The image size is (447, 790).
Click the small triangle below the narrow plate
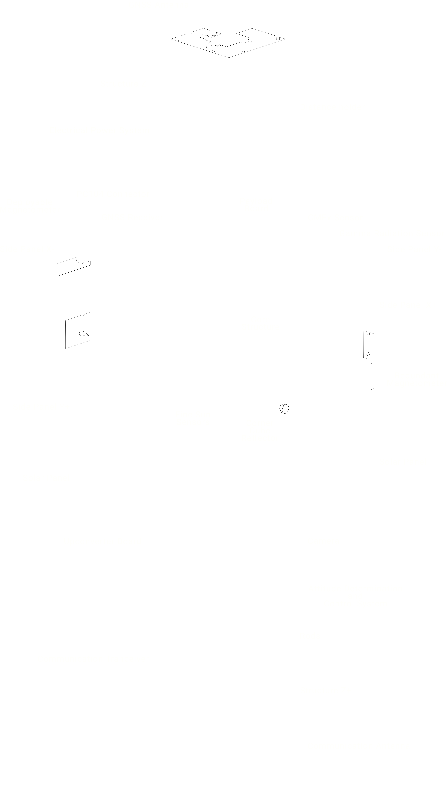tap(373, 389)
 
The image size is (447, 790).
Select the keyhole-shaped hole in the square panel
tap(83, 333)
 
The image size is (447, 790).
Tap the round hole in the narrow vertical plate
tap(368, 354)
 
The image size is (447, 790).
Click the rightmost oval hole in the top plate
tap(250, 42)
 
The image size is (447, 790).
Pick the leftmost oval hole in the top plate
tap(204, 47)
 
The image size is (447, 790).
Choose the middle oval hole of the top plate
tap(219, 46)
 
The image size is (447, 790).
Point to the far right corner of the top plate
tap(285, 39)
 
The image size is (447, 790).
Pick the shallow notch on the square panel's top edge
tap(82, 315)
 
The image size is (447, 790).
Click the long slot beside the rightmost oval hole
tap(244, 47)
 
